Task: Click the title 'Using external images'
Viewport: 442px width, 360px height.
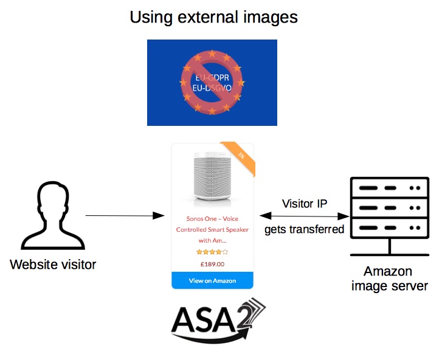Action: click(213, 16)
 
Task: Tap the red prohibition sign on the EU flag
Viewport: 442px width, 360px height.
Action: click(212, 83)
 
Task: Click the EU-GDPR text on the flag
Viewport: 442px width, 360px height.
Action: click(212, 78)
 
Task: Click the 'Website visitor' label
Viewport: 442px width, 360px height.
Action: click(53, 265)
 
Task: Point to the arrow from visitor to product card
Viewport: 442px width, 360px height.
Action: click(125, 216)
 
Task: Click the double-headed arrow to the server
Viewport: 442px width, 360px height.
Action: click(304, 216)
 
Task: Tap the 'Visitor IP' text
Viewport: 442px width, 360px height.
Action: click(305, 202)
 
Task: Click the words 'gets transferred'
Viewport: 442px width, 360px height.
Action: click(304, 229)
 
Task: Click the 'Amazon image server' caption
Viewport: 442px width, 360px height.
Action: click(387, 278)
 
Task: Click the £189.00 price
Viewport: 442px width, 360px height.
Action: click(212, 264)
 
